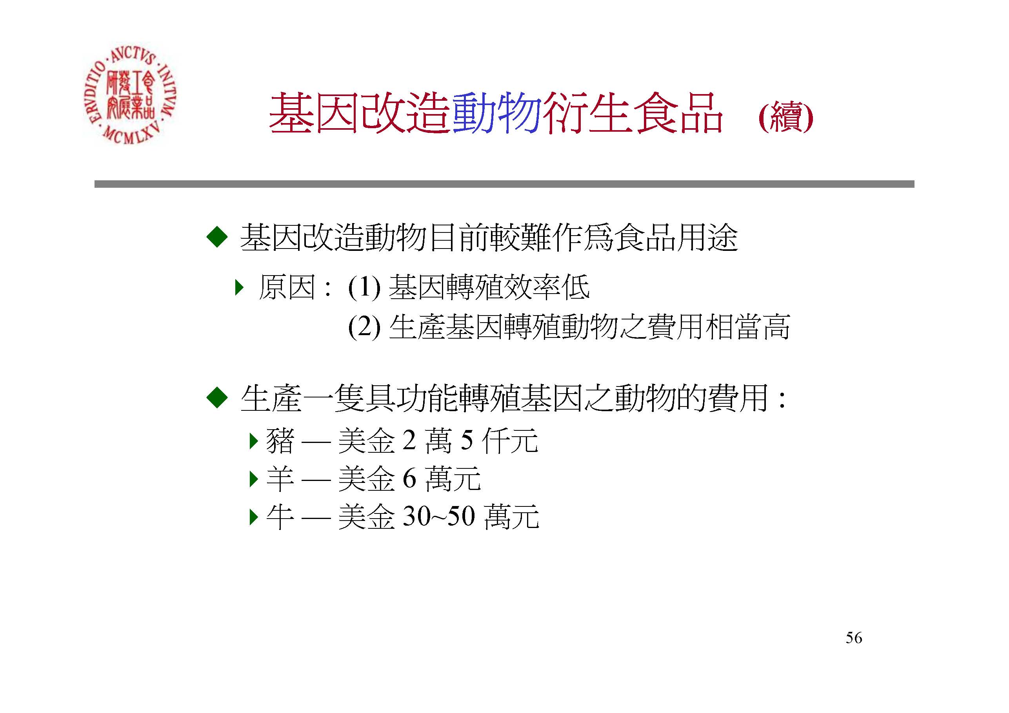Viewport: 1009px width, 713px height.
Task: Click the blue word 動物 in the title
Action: (x=496, y=113)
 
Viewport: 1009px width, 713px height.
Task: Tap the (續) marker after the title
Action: (x=786, y=116)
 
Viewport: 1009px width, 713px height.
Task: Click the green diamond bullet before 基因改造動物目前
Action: (x=217, y=237)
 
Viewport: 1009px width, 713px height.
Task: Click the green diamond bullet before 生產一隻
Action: (x=217, y=398)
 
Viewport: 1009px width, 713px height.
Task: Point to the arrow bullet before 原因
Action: (x=239, y=288)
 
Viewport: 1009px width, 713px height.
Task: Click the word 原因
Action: (x=287, y=287)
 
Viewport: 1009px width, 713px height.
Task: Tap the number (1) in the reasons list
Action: (x=364, y=288)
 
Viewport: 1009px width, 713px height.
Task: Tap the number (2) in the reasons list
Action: (x=364, y=327)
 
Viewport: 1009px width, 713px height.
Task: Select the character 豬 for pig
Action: (x=280, y=440)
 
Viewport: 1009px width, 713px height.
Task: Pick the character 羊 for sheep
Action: (x=280, y=479)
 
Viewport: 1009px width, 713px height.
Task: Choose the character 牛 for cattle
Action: (x=280, y=517)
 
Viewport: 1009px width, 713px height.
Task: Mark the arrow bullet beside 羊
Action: (x=253, y=479)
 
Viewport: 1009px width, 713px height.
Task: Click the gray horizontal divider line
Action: (x=504, y=184)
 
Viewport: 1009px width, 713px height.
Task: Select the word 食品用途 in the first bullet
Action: (x=676, y=238)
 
